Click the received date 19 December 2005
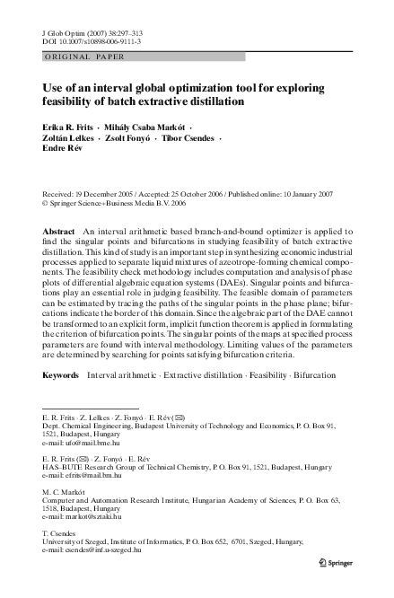click(111, 193)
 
